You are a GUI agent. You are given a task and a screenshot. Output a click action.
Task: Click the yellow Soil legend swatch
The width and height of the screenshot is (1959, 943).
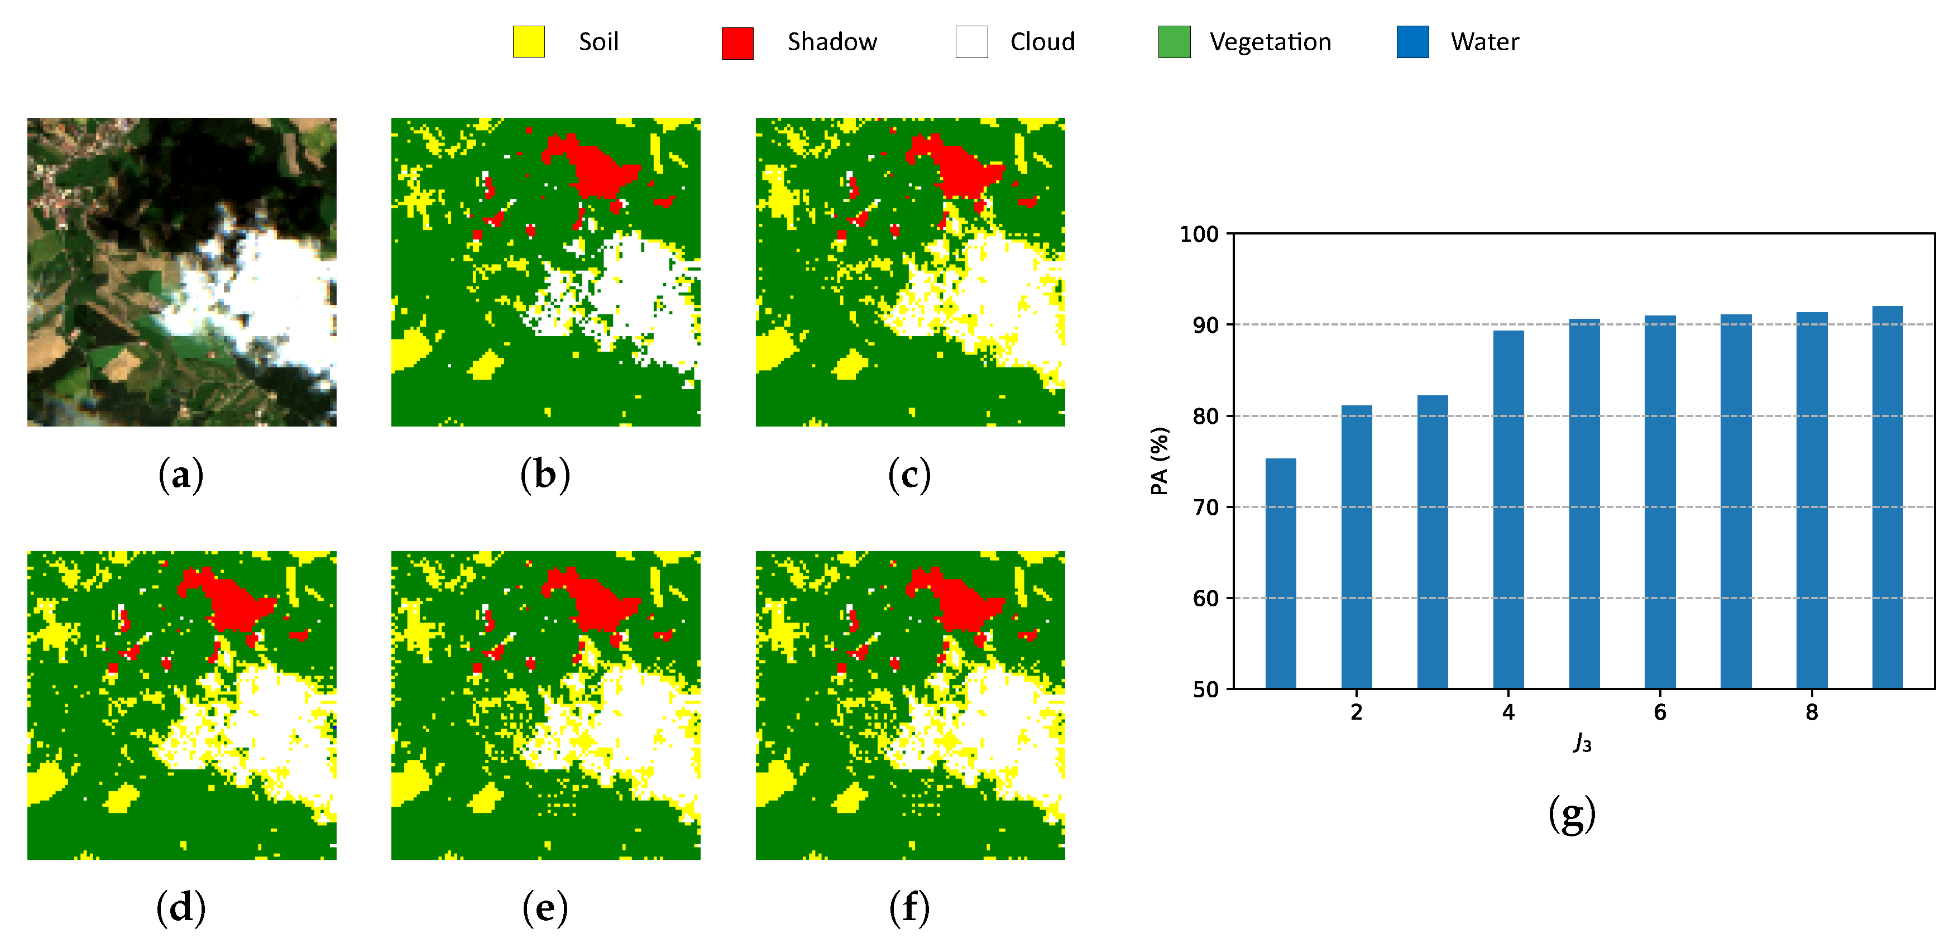pos(529,42)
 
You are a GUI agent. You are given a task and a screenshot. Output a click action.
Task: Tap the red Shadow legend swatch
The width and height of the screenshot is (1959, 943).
pos(737,42)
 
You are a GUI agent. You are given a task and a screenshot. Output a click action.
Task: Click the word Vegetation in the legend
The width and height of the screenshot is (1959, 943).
pos(1270,42)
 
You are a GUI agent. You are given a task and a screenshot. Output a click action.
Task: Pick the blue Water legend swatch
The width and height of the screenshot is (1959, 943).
pos(1412,42)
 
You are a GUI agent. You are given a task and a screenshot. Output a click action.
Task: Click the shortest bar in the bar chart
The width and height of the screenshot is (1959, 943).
pos(1281,574)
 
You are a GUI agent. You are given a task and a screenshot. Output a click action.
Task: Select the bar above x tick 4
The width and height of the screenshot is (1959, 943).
pos(1508,510)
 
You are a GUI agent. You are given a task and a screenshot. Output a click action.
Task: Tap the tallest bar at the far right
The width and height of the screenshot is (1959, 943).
pos(1887,498)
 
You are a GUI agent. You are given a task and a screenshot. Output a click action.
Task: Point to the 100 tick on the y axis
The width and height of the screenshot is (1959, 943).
pos(1199,234)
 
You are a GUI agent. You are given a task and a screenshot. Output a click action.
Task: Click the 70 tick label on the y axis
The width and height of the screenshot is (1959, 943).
pos(1205,508)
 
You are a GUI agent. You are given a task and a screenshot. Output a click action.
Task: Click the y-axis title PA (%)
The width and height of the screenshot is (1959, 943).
pos(1159,461)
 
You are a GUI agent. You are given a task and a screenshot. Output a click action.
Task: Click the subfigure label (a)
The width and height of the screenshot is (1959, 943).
pos(181,475)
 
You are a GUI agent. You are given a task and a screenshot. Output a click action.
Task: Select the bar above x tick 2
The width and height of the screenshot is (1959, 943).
pos(1356,548)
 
